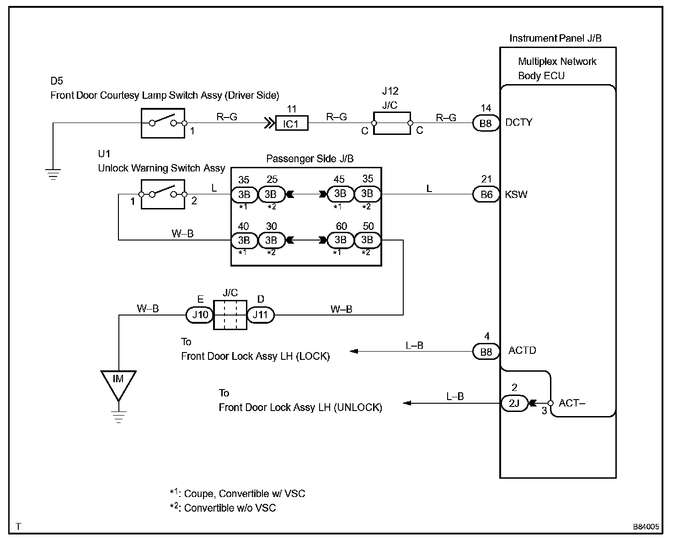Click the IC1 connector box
click(x=292, y=123)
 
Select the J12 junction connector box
click(x=392, y=123)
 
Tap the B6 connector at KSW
click(x=486, y=194)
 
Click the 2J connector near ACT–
click(x=514, y=403)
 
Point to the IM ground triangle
click(x=118, y=381)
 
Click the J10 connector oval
click(x=200, y=315)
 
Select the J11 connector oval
click(x=261, y=315)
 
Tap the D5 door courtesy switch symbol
click(x=163, y=123)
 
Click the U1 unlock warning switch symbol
click(x=163, y=194)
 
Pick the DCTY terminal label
click(x=519, y=123)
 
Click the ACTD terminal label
click(x=522, y=351)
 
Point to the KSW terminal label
click(x=516, y=195)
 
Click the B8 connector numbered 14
click(x=486, y=123)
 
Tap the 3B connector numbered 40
click(x=244, y=240)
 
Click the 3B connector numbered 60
click(x=340, y=240)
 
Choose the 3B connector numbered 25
click(x=271, y=194)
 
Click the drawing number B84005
click(x=646, y=527)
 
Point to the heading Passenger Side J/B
click(x=310, y=159)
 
